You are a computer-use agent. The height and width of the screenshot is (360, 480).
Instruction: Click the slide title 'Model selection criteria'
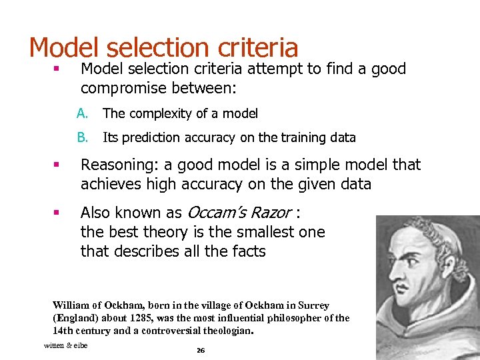pos(163,47)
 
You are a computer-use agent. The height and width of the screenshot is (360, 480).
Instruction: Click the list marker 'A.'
pos(82,113)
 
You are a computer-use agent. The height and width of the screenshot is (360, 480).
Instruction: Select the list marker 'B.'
pos(82,137)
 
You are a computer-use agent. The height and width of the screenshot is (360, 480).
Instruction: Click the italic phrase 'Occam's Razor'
pos(239,213)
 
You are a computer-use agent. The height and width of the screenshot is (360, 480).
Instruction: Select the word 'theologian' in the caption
pos(227,330)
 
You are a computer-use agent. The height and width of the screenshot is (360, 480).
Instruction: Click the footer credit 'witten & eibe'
pos(65,345)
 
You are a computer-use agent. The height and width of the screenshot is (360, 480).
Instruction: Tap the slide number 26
pos(200,350)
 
